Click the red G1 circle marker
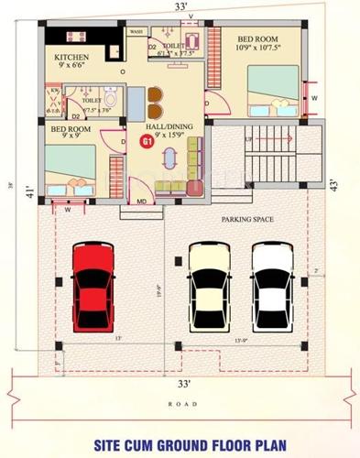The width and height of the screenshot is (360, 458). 146,141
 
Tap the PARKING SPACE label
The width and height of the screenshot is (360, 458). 248,221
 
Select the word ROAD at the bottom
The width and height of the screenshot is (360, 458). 180,404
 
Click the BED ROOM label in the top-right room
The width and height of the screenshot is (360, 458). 259,39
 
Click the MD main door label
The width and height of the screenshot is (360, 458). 142,200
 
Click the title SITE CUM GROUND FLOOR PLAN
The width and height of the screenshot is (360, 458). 180,445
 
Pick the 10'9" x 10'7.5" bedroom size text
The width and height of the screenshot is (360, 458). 259,50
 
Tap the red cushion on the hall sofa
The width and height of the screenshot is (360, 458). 195,188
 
